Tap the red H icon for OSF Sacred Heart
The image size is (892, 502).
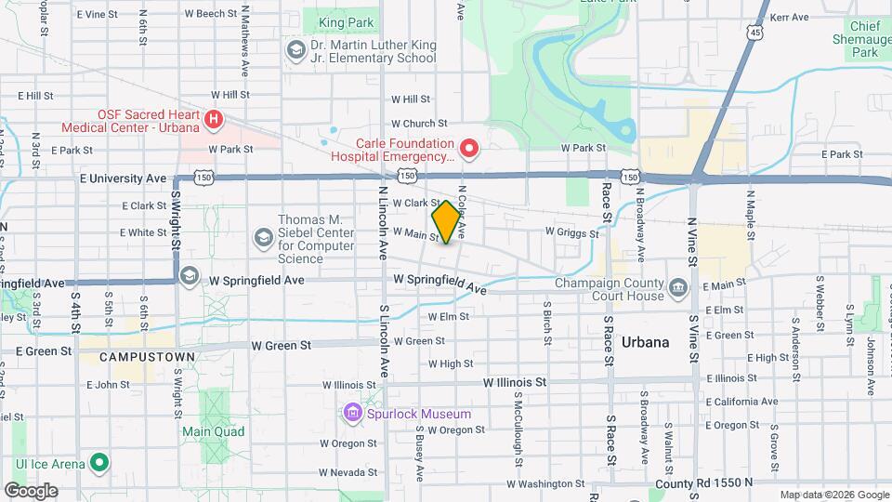point(215,119)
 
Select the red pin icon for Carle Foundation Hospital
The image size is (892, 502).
point(469,148)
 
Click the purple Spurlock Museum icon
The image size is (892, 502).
point(352,412)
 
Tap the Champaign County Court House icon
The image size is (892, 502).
point(677,286)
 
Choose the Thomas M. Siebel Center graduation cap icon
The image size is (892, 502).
point(264,239)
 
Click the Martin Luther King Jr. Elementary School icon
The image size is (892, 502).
point(295,48)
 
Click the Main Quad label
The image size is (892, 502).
point(213,431)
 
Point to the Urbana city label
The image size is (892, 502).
point(645,342)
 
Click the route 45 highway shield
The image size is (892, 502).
point(758,33)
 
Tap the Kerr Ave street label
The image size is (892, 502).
point(791,17)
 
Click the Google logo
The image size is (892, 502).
point(31,490)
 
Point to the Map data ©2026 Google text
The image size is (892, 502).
point(833,495)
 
